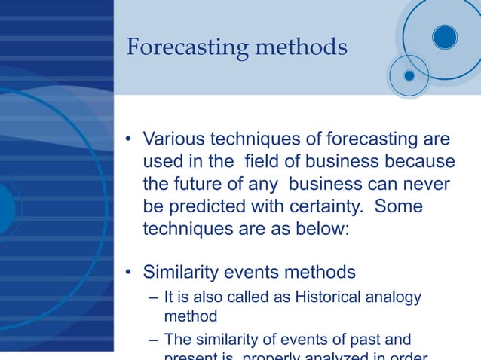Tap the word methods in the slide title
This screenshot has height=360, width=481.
[x=302, y=48]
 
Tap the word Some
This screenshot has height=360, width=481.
[x=398, y=207]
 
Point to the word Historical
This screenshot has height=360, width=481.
[x=331, y=298]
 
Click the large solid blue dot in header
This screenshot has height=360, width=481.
[x=445, y=36]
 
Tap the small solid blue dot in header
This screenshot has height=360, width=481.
[x=409, y=75]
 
